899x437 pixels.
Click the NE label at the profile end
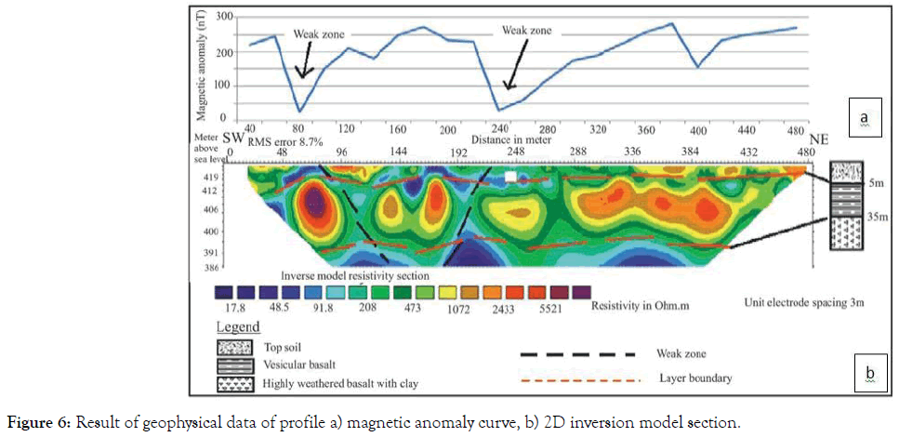click(x=819, y=139)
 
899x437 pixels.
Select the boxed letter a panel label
click(x=864, y=118)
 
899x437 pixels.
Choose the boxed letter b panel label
click(x=869, y=375)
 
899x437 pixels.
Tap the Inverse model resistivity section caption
click(x=356, y=277)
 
